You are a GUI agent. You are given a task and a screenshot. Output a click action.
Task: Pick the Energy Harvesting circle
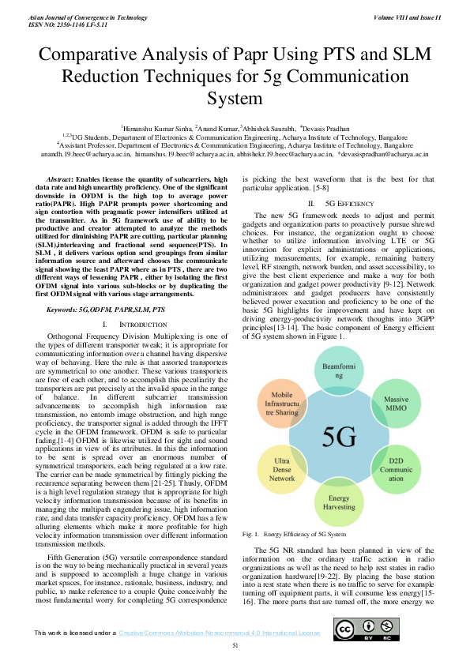point(339,503)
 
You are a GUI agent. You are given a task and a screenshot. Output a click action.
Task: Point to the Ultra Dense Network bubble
point(282,468)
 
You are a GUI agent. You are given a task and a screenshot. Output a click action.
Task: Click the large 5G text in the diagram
point(339,437)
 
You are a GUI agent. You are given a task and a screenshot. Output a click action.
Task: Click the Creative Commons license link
point(220,633)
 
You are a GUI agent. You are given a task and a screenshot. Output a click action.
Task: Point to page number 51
point(235,646)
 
